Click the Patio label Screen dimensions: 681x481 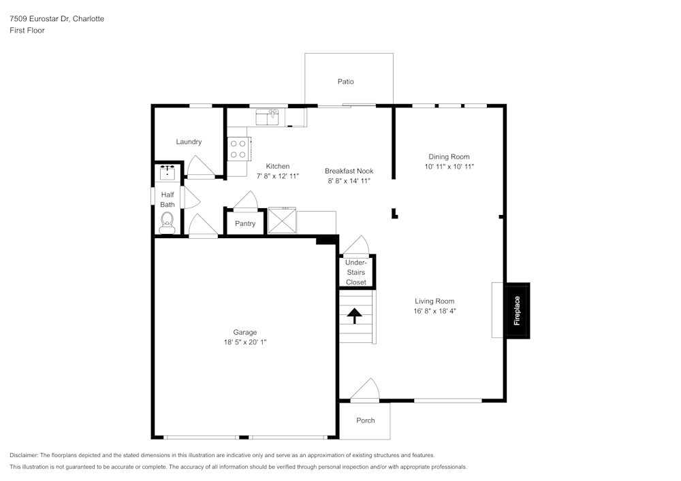click(x=346, y=82)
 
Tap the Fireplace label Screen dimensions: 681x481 click(x=517, y=310)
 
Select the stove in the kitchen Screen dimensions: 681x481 click(x=238, y=149)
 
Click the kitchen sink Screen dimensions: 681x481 click(x=267, y=117)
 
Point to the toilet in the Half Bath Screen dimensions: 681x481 click(x=167, y=222)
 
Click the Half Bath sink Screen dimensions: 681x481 click(x=168, y=172)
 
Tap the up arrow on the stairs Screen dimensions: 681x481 click(x=355, y=315)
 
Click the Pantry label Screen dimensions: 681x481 click(x=245, y=224)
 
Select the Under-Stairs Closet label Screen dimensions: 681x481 click(x=356, y=272)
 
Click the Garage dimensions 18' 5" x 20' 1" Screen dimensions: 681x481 click(x=245, y=342)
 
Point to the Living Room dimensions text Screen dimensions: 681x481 click(x=434, y=311)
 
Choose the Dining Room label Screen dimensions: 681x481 click(x=449, y=157)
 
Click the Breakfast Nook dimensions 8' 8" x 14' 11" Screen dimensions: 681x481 click(x=349, y=181)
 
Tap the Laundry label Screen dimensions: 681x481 click(x=189, y=142)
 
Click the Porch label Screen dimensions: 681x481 click(x=366, y=420)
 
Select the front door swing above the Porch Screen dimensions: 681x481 click(x=365, y=388)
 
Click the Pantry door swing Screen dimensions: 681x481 click(x=246, y=200)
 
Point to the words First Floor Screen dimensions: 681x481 click(x=27, y=31)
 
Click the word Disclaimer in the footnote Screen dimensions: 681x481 click(x=23, y=455)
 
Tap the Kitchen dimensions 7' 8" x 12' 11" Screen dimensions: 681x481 click(x=278, y=176)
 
